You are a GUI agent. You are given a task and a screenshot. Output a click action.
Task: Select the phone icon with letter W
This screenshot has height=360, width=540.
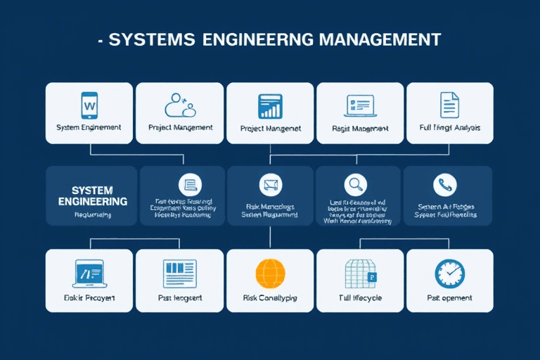click(89, 105)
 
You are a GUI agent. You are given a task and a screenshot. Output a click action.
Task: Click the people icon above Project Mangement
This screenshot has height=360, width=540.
click(179, 105)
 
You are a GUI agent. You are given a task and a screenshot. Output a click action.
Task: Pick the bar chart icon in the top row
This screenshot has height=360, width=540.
click(270, 105)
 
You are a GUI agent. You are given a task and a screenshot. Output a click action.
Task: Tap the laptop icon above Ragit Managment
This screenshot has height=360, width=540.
click(359, 105)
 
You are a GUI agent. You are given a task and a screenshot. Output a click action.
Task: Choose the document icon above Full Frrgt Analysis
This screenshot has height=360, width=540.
click(449, 105)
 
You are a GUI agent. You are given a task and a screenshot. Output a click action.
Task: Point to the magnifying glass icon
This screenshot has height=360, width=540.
click(356, 185)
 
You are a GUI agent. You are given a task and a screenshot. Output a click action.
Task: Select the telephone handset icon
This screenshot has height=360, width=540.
click(446, 185)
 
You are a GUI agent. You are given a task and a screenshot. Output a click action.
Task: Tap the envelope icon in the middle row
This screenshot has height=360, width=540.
click(270, 185)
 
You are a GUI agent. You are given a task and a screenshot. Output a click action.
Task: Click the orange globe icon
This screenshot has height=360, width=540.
click(270, 272)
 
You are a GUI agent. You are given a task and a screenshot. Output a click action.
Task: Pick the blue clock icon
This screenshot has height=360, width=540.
click(449, 272)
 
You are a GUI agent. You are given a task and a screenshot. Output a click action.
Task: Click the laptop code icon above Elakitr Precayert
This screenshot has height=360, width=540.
click(89, 272)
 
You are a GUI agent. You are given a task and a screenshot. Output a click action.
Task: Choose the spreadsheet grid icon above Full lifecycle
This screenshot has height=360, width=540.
click(360, 272)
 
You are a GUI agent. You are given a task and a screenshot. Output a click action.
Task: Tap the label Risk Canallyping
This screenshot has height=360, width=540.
click(270, 298)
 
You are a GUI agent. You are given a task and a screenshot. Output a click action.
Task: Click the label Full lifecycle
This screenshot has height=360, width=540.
click(360, 298)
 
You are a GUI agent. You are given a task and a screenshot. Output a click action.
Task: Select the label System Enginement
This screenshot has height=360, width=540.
click(89, 128)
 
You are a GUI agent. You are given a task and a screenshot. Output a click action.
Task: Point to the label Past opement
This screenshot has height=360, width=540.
click(449, 298)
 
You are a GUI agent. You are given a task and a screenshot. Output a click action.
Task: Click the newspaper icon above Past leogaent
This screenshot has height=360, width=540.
click(179, 272)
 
